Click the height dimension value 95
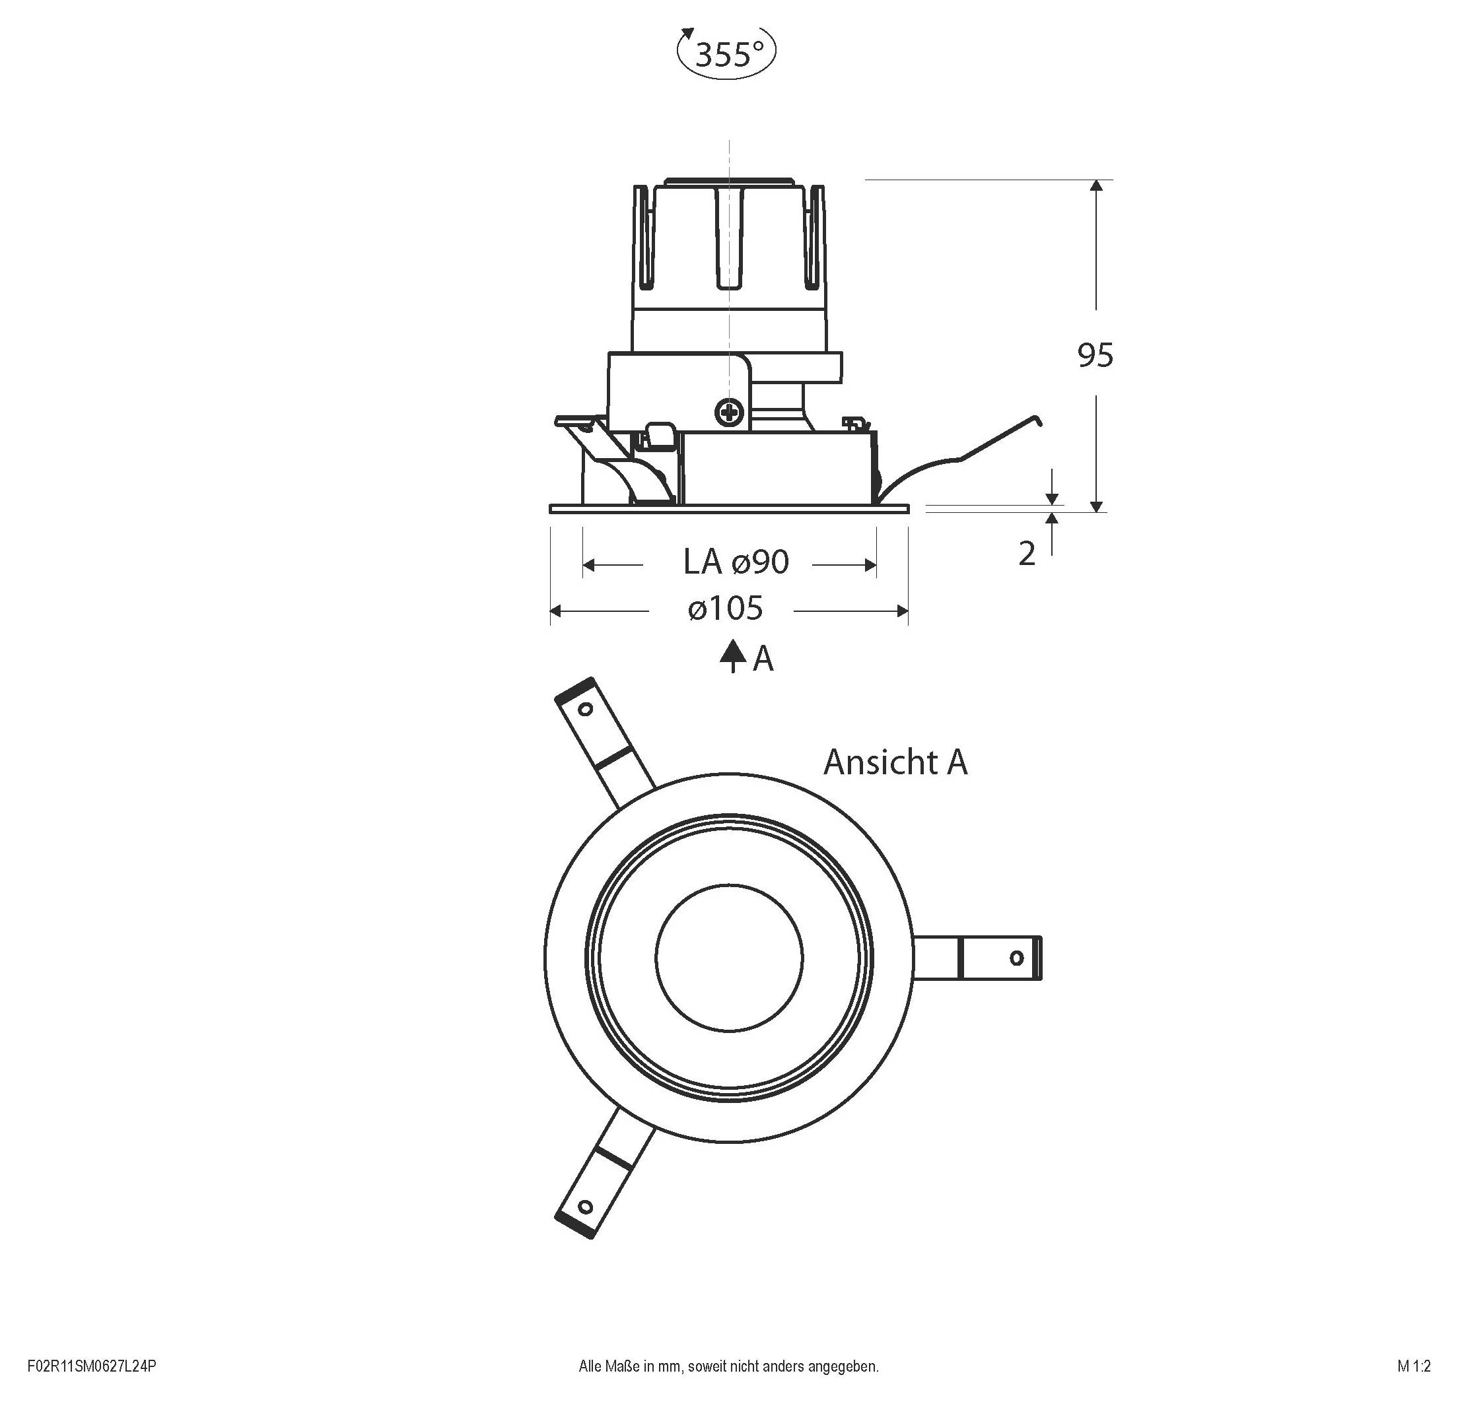click(1095, 356)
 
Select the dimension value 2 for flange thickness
click(1027, 554)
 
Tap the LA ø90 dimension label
click(735, 562)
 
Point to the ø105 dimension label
click(725, 609)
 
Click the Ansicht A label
click(895, 762)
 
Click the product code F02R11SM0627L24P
click(92, 1366)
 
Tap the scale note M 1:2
click(1413, 1366)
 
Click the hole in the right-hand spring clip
click(1016, 958)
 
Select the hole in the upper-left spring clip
click(586, 709)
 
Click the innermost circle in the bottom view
click(729, 958)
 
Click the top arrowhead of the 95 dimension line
click(1095, 186)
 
